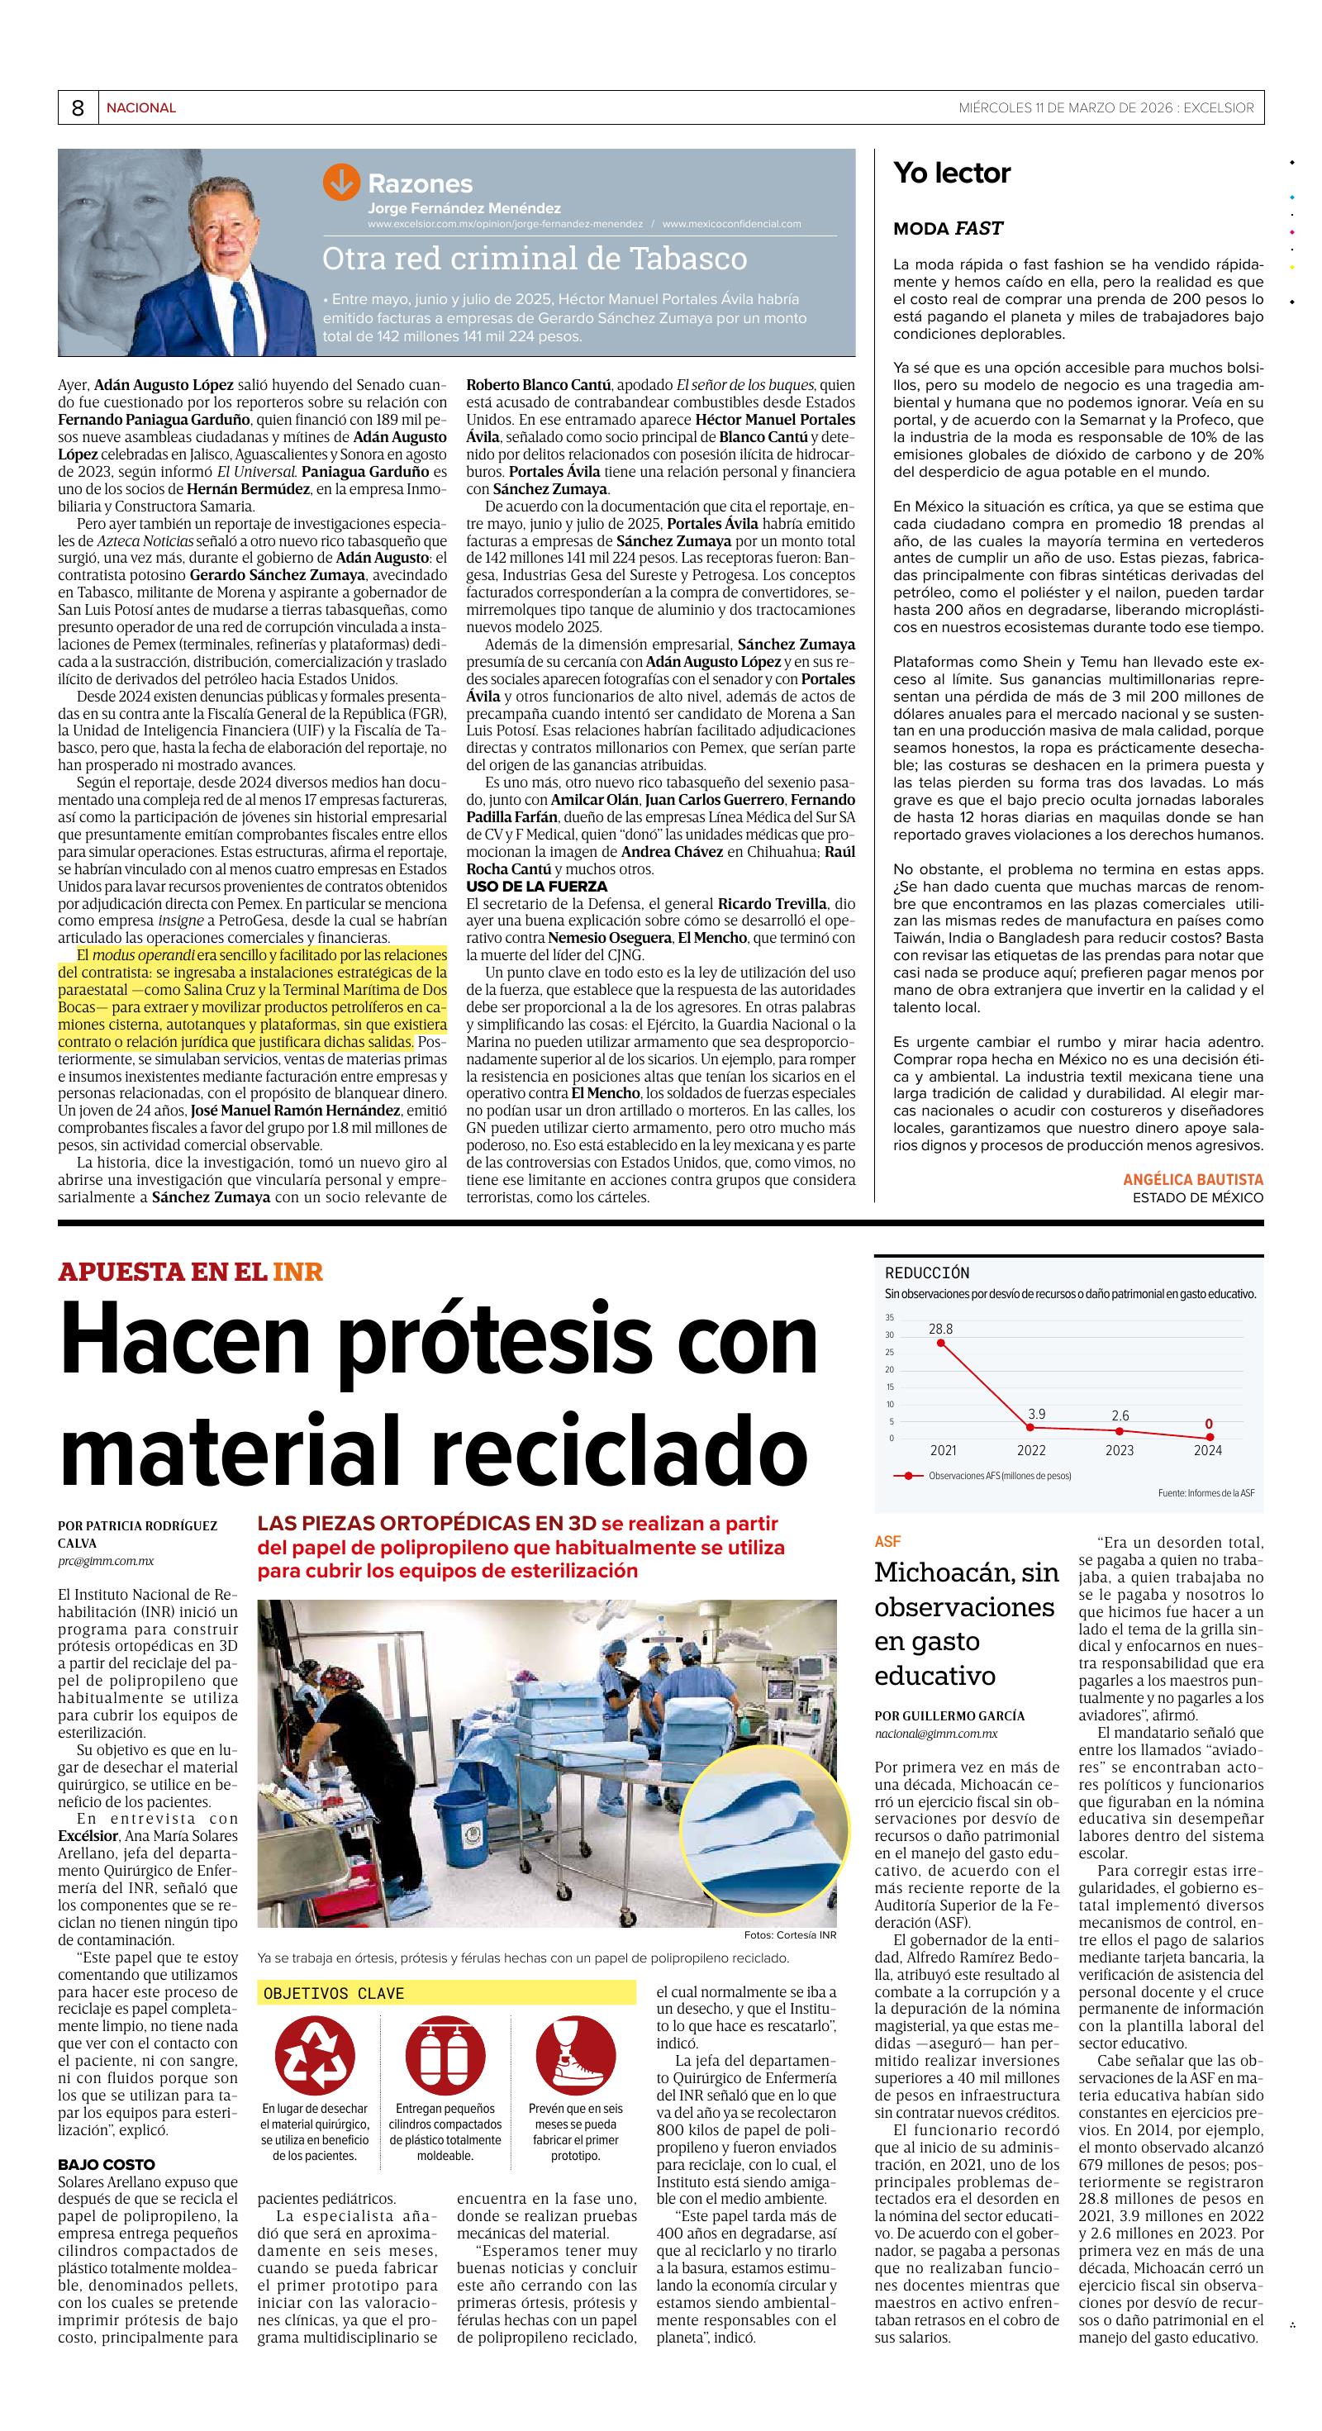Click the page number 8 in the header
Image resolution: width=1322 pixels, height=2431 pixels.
click(78, 108)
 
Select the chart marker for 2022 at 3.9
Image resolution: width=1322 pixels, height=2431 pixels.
click(1031, 1427)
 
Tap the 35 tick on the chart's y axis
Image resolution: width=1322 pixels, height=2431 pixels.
click(889, 1317)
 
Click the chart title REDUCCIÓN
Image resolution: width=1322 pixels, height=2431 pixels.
click(926, 1273)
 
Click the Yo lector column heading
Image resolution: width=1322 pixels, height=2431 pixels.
click(951, 173)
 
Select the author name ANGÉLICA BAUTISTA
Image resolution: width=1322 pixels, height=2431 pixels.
click(1193, 1180)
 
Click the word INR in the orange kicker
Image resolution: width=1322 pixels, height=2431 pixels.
click(298, 1273)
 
